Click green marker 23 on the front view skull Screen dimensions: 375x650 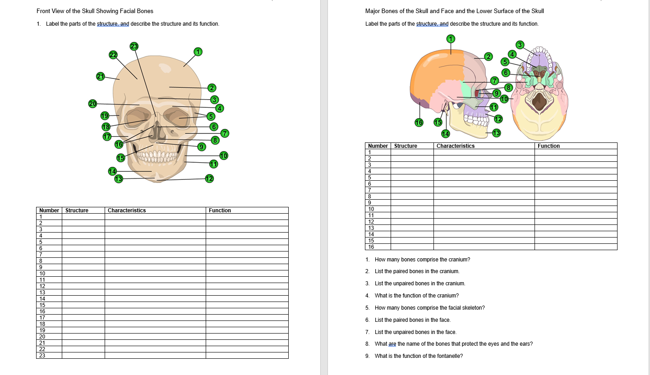(134, 46)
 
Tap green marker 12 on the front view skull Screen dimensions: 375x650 (209, 178)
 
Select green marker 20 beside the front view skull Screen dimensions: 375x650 (93, 104)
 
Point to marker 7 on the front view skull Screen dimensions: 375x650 (225, 133)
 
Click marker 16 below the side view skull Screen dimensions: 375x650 (419, 122)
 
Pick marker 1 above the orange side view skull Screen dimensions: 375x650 (450, 39)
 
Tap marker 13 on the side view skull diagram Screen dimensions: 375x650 (497, 133)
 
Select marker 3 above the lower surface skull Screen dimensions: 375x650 (520, 45)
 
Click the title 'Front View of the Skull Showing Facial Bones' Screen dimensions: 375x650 (95, 11)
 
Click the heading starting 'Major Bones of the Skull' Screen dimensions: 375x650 (454, 11)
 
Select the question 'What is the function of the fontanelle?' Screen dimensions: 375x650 (418, 356)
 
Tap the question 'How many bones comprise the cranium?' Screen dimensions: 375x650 (422, 260)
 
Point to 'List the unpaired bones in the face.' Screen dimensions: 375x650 (415, 332)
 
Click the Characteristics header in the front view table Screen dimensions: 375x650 (127, 210)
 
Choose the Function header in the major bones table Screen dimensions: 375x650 (549, 146)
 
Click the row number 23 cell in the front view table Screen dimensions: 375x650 (43, 356)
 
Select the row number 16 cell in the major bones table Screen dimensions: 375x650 (371, 247)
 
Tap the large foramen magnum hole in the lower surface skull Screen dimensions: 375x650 (539, 101)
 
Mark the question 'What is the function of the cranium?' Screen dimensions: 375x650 (416, 296)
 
